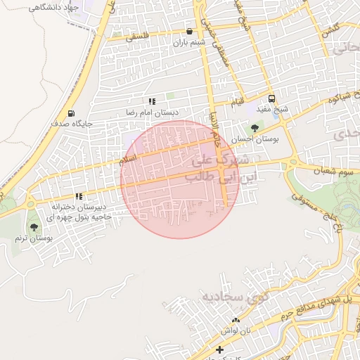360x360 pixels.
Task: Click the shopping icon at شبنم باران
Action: point(189,32)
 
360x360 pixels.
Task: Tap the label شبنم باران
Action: point(189,43)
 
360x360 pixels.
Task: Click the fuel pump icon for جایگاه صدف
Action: point(71,114)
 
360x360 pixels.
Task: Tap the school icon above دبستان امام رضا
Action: point(152,102)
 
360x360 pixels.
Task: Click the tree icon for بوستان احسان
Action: point(254,129)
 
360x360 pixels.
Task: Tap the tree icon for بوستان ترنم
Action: point(34,227)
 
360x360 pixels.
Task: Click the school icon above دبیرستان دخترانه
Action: point(79,197)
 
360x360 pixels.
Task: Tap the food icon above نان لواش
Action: point(236,320)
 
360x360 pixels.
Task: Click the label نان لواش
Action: point(236,330)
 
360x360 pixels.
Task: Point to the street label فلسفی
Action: point(138,39)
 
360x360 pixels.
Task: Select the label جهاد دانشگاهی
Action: point(53,6)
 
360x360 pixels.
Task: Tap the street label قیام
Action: point(240,104)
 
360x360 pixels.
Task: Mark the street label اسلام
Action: point(128,161)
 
